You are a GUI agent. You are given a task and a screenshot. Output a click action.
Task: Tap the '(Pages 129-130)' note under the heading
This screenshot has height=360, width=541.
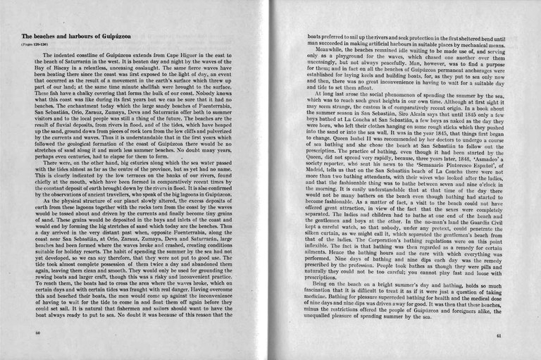[x=35, y=46]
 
